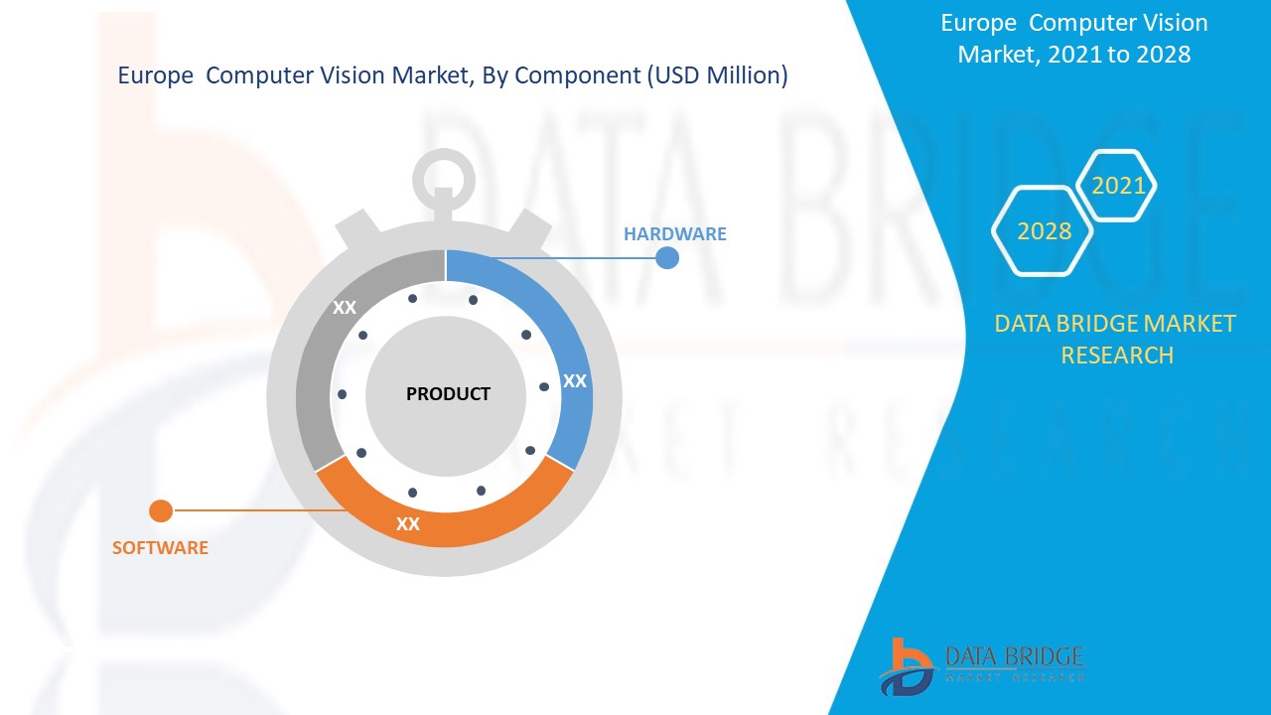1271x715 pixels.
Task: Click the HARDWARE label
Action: click(x=674, y=234)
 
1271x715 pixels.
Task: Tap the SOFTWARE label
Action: click(x=160, y=548)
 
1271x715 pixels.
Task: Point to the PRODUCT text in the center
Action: click(x=448, y=394)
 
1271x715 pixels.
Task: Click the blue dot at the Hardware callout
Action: click(x=667, y=258)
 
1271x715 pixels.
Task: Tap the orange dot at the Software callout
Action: click(x=160, y=511)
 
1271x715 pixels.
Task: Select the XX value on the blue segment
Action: click(x=575, y=381)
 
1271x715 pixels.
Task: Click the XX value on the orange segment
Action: click(x=408, y=524)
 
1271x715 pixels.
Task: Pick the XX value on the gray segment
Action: click(x=345, y=308)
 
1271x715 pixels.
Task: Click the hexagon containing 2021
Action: click(x=1118, y=186)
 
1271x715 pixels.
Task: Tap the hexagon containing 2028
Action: click(x=1044, y=231)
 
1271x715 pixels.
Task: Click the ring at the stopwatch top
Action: click(x=444, y=178)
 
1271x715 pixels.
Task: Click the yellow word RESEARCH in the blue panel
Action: click(x=1117, y=355)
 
